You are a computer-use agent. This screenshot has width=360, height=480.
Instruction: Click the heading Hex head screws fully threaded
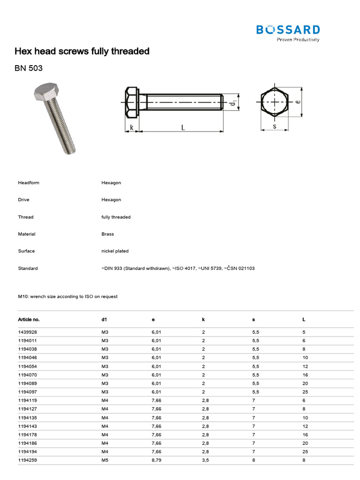click(82, 51)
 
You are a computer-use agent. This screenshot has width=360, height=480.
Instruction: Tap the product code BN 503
click(29, 68)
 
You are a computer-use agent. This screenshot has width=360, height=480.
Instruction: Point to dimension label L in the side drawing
click(183, 127)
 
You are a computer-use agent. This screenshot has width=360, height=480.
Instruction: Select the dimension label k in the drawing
click(132, 127)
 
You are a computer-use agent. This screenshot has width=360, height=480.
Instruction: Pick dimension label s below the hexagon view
click(274, 126)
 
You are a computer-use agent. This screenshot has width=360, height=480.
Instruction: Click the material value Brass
click(107, 234)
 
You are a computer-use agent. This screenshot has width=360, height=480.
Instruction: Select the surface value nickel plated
click(115, 251)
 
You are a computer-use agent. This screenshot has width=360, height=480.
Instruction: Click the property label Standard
click(28, 268)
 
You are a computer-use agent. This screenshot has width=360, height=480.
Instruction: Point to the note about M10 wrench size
click(67, 296)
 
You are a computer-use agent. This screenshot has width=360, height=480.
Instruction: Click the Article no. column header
click(29, 319)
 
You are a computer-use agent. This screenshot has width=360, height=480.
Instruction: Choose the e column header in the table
click(153, 319)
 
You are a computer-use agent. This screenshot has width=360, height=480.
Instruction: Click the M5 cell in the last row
click(105, 460)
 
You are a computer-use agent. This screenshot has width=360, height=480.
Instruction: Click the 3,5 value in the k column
click(205, 460)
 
